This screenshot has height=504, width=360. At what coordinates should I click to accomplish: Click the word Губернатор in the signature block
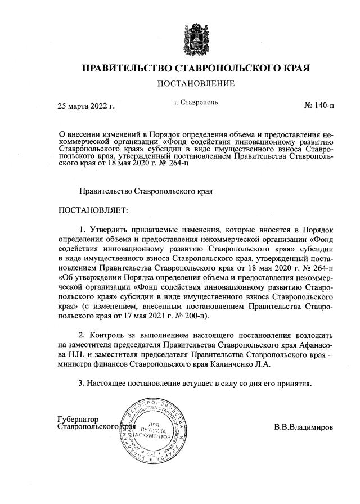(x=78, y=419)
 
